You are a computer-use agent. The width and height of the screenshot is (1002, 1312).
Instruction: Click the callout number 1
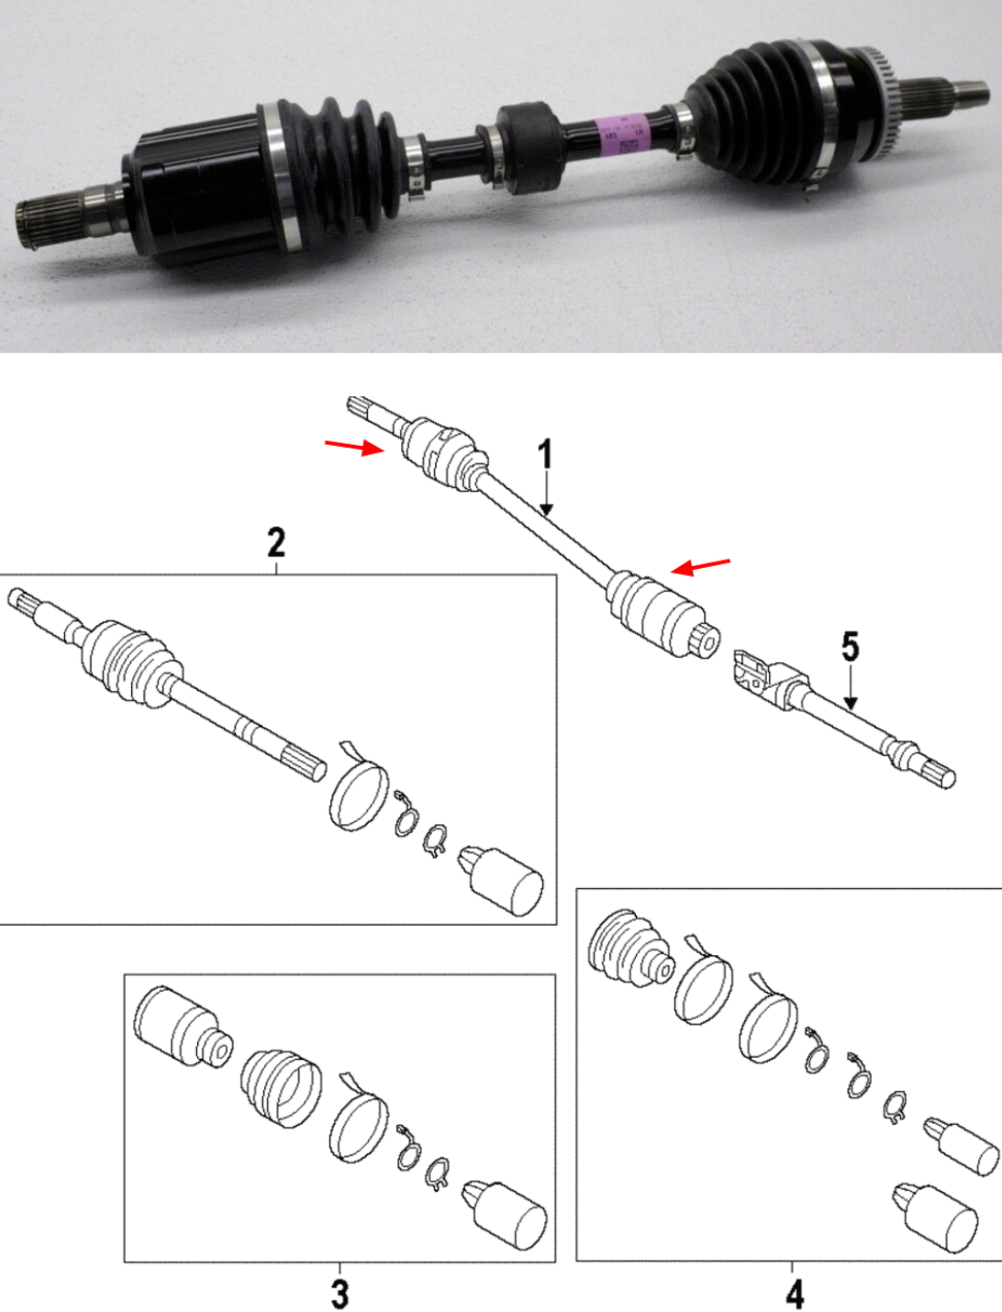pos(546,456)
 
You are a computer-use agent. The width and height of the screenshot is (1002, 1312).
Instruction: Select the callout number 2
pos(275,542)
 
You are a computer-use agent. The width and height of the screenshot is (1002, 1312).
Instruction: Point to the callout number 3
pos(340,1294)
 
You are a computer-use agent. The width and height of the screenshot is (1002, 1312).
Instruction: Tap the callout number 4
pos(795,1294)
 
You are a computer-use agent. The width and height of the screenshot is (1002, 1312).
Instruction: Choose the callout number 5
pos(851,647)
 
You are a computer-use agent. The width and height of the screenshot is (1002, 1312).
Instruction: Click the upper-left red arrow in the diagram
pos(353,447)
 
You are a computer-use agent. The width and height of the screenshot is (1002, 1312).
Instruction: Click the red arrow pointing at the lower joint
pos(701,566)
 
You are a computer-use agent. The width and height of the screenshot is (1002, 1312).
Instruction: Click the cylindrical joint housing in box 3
pos(182,1027)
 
